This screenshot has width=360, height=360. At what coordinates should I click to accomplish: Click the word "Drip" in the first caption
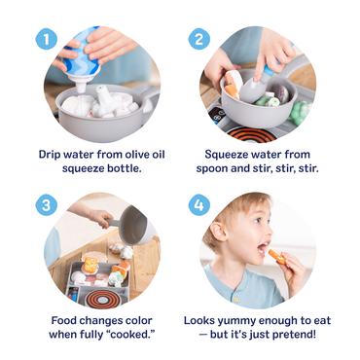point(54,154)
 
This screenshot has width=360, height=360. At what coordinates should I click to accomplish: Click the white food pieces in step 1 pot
point(101,102)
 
